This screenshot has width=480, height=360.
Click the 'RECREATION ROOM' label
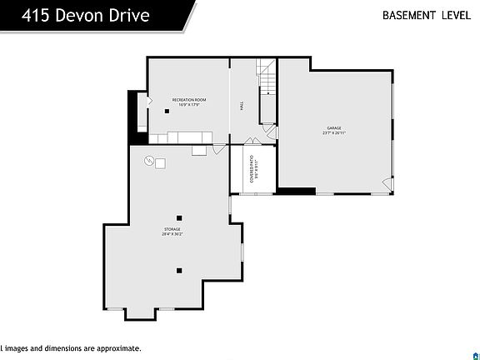(189, 100)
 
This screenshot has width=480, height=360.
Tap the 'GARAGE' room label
(334, 127)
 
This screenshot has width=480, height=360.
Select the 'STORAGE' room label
(172, 229)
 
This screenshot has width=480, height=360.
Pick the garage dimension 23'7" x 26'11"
(334, 132)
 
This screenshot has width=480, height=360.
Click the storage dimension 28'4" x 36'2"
(172, 234)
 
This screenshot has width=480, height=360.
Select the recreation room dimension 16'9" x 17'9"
(189, 105)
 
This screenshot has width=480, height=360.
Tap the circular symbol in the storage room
(149, 162)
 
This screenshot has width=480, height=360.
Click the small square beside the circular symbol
(160, 163)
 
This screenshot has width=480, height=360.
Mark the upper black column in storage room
(178, 217)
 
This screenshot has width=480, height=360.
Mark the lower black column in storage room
(178, 270)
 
